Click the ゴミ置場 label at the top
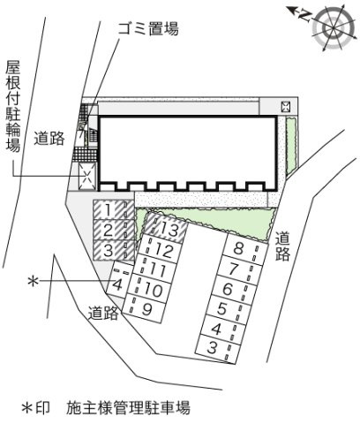(148, 29)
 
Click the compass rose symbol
(334, 28)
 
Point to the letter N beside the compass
(304, 16)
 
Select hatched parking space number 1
(114, 210)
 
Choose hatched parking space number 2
(114, 230)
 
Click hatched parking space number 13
(166, 228)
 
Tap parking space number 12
(160, 249)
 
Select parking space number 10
(149, 289)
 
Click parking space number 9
(143, 308)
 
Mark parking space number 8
(245, 249)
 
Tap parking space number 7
(239, 269)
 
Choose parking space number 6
(234, 290)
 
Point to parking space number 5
(229, 310)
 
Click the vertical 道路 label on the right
(283, 246)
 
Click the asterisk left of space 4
(33, 282)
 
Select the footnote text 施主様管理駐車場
(128, 407)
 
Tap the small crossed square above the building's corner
(286, 107)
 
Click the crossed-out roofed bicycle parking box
(87, 177)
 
